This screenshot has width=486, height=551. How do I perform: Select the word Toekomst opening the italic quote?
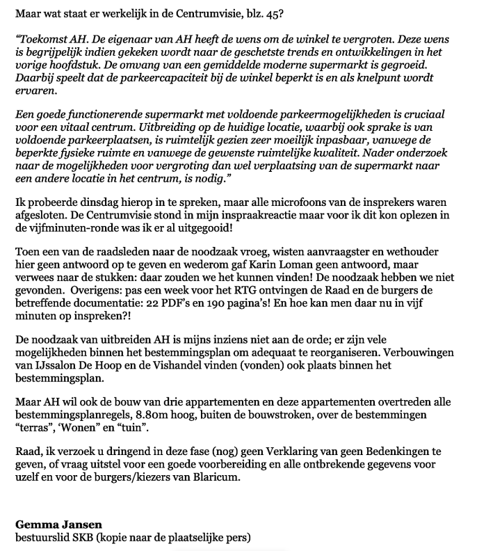pos(41,39)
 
